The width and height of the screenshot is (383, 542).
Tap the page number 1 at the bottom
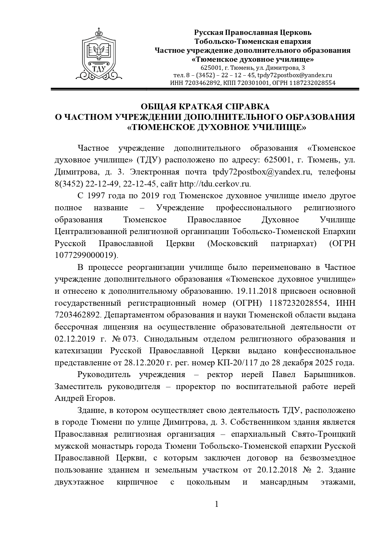pyautogui.click(x=216, y=505)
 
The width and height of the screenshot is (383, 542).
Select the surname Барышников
pyautogui.click(x=329, y=375)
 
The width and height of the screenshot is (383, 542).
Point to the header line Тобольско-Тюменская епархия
pyautogui.click(x=253, y=41)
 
